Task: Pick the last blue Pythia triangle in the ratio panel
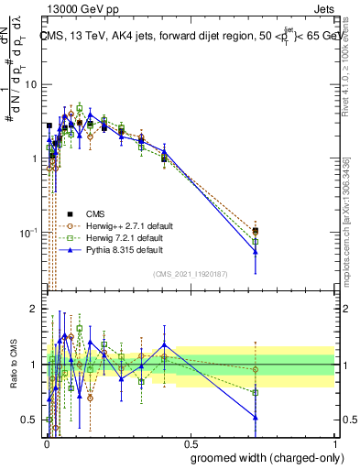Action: pyautogui.click(x=256, y=418)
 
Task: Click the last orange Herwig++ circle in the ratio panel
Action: pyautogui.click(x=256, y=370)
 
